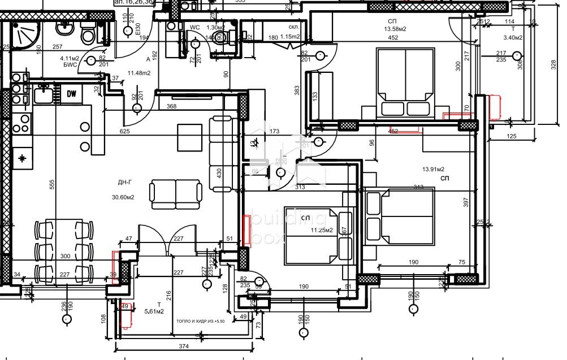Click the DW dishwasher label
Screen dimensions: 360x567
[x=72, y=94]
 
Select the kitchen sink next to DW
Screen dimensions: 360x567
[x=44, y=94]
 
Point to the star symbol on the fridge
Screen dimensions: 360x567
[x=22, y=158]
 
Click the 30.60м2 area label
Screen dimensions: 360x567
[x=123, y=197]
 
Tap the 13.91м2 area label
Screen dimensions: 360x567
[x=433, y=169]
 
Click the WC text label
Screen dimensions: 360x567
[x=194, y=27]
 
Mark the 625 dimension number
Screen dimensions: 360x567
[x=124, y=131]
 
